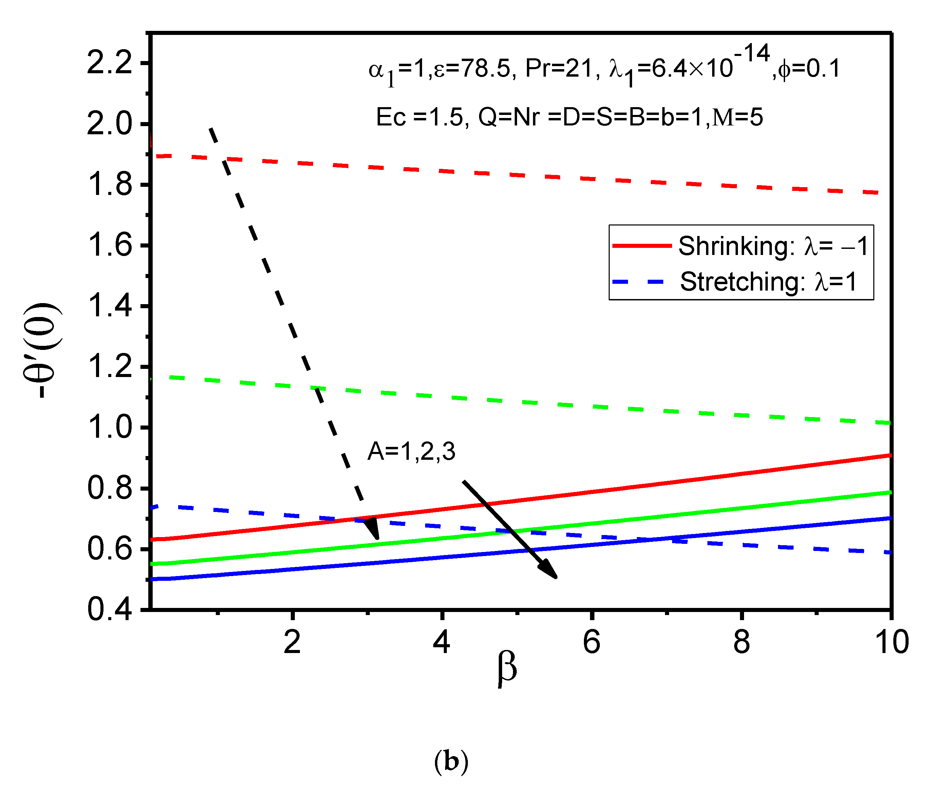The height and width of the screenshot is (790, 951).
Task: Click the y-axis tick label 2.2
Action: point(109,62)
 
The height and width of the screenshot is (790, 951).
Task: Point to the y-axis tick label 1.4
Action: point(109,306)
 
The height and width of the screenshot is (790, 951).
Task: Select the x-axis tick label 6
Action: point(591,641)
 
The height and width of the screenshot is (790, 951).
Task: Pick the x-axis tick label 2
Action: point(292,641)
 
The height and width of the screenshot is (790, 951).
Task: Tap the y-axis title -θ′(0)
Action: point(42,350)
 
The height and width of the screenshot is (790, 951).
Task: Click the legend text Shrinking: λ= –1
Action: point(773,246)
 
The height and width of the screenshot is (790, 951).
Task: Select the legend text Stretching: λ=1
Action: point(768,282)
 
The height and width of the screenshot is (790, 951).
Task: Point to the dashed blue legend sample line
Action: point(639,282)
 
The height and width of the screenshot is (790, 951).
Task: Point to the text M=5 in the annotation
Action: point(737,117)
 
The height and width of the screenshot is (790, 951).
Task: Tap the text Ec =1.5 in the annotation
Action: point(419,117)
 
